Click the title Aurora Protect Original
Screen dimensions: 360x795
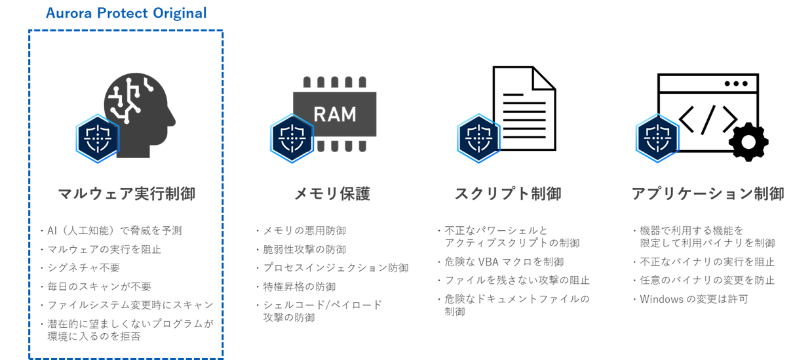pos(126,13)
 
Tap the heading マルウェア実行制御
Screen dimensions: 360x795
pos(126,194)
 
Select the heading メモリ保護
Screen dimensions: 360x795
pos(332,194)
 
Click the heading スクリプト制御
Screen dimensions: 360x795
pos(508,194)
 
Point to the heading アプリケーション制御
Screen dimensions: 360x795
pos(707,194)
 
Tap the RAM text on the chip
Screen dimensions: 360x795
pos(335,113)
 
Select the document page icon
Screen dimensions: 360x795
pos(524,108)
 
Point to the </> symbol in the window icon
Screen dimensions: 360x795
pos(707,119)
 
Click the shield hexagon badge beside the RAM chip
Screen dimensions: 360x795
pos(292,138)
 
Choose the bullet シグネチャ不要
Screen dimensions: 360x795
pos(83,268)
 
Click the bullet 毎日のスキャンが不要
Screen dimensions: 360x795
pos(99,287)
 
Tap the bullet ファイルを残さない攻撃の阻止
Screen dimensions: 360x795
pos(517,280)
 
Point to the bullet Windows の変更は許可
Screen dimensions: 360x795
pos(693,299)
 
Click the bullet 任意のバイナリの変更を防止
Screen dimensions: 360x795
pos(707,280)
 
